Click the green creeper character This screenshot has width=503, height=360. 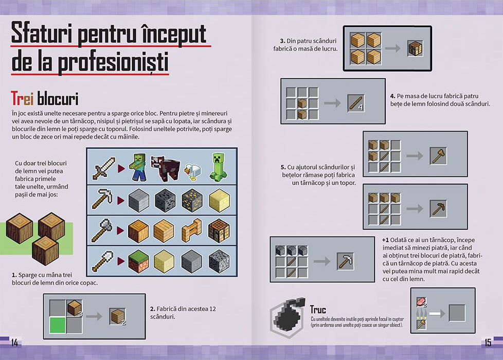(x=218, y=167)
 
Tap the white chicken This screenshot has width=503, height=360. (x=192, y=171)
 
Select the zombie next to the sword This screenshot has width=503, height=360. (x=138, y=167)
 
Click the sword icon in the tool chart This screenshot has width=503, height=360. (x=103, y=168)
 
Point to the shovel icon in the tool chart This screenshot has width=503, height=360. (x=103, y=261)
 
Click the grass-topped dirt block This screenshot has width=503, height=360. (x=138, y=261)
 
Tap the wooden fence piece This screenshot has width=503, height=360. (x=192, y=230)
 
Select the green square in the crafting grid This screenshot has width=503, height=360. (x=58, y=325)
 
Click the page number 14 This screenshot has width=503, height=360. (x=14, y=343)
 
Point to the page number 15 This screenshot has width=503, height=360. (x=488, y=343)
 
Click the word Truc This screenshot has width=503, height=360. (x=318, y=310)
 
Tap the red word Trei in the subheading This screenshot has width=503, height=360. (x=22, y=98)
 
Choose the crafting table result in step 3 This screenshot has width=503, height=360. (x=416, y=48)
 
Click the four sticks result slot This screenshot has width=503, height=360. (x=356, y=103)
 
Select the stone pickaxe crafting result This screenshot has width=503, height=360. (x=345, y=261)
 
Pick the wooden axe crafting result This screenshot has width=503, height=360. (x=438, y=156)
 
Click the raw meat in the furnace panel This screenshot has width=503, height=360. (x=421, y=301)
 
